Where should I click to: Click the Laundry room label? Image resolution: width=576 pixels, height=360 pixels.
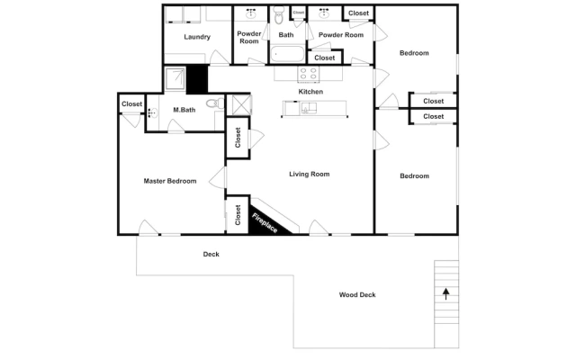pyautogui.click(x=197, y=37)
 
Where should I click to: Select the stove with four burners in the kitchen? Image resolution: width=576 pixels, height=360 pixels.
pyautogui.click(x=309, y=74)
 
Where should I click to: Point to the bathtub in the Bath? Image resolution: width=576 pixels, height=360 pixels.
pyautogui.click(x=287, y=54)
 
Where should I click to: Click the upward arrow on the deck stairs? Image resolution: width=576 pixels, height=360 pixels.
pyautogui.click(x=446, y=294)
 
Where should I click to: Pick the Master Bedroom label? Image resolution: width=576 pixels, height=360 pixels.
pyautogui.click(x=170, y=181)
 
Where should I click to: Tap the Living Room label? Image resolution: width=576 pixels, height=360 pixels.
pyautogui.click(x=310, y=174)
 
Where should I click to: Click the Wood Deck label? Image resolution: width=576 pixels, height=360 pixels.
pyautogui.click(x=357, y=294)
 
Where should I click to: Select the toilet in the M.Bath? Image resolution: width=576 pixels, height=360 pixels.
pyautogui.click(x=215, y=103)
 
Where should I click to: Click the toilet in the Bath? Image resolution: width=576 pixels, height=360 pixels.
pyautogui.click(x=279, y=14)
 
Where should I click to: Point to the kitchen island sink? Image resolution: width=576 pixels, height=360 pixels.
pyautogui.click(x=309, y=108)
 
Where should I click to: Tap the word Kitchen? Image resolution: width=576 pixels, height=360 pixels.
pyautogui.click(x=310, y=92)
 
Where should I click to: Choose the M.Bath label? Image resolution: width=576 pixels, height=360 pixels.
pyautogui.click(x=184, y=110)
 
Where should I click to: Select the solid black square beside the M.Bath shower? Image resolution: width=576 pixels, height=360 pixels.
pyautogui.click(x=197, y=79)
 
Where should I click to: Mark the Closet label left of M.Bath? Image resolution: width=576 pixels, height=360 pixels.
pyautogui.click(x=132, y=104)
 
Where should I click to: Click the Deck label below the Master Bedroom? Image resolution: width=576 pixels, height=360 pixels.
pyautogui.click(x=211, y=254)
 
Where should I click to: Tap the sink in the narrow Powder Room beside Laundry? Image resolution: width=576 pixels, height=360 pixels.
pyautogui.click(x=251, y=14)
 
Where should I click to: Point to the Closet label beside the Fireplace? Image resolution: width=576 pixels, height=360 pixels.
pyautogui.click(x=238, y=215)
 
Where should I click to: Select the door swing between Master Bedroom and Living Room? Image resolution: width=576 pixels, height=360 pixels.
pyautogui.click(x=218, y=178)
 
